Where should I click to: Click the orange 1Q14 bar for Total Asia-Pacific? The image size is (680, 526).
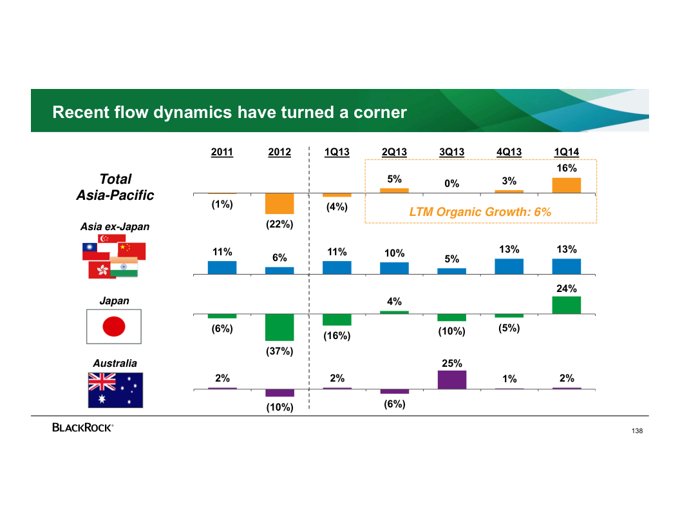point(567,185)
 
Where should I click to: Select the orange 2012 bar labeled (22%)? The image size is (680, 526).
point(279,204)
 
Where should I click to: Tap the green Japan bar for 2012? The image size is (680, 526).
point(279,327)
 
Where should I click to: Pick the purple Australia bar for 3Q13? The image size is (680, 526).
point(452,380)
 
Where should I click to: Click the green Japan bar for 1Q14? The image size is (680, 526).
point(567,305)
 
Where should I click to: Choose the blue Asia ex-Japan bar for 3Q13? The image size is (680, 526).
point(452,271)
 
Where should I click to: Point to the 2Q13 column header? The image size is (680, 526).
point(394,152)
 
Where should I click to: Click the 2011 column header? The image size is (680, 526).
point(222,152)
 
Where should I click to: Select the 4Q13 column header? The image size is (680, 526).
point(509,152)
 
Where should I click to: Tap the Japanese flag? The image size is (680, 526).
point(114,326)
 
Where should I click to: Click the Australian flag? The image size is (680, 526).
point(115,390)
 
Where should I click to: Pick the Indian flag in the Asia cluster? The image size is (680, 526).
point(124,267)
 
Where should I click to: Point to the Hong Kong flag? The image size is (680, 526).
point(99,270)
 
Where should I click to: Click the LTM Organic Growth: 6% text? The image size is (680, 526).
point(480,212)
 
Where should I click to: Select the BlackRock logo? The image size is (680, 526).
point(83,427)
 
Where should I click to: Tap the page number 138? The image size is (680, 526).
point(637,431)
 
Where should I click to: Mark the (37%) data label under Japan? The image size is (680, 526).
point(279,351)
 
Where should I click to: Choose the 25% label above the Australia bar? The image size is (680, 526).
point(452,364)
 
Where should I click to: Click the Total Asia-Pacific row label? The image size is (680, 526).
point(115,187)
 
